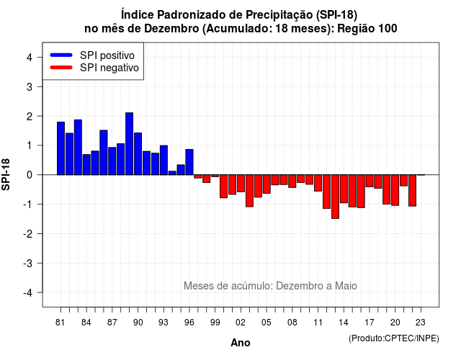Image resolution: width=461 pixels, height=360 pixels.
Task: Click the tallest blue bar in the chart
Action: pyautogui.click(x=129, y=144)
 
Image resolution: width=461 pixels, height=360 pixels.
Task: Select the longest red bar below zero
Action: pyautogui.click(x=335, y=197)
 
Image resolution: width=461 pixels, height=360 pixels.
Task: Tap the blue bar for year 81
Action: pyautogui.click(x=61, y=148)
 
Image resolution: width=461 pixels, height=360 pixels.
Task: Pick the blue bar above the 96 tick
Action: pyautogui.click(x=189, y=162)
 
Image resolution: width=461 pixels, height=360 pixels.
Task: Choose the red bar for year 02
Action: pyautogui.click(x=241, y=184)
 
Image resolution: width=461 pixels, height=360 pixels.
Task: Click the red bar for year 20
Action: pyautogui.click(x=395, y=190)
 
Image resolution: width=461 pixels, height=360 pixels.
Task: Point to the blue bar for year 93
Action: pyautogui.click(x=164, y=160)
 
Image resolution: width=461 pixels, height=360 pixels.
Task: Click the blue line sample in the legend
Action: pyautogui.click(x=61, y=55)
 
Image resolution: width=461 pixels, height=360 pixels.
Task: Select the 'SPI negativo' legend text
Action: pyautogui.click(x=109, y=68)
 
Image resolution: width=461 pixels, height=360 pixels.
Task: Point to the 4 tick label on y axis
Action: pyautogui.click(x=30, y=58)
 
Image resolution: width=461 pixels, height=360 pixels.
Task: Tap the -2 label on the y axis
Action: pyautogui.click(x=28, y=233)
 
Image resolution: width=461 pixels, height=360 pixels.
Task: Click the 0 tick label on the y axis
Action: pyautogui.click(x=30, y=175)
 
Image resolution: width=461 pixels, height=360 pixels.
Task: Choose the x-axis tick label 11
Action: pyautogui.click(x=318, y=323)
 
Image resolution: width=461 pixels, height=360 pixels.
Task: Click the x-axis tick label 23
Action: pyautogui.click(x=421, y=323)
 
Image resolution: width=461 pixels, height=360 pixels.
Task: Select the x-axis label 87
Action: pyautogui.click(x=112, y=323)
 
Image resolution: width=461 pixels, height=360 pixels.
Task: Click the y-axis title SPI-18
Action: pyautogui.click(x=6, y=174)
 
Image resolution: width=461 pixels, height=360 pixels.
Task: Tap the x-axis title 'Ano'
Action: pyautogui.click(x=241, y=343)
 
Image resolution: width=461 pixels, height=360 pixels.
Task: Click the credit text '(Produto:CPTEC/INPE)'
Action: pyautogui.click(x=394, y=338)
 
